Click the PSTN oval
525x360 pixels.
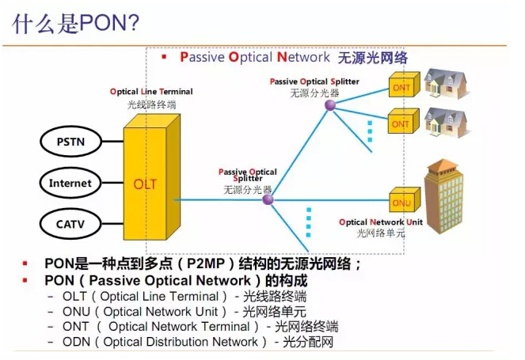pos(68,142)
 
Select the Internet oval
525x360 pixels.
pos(70,183)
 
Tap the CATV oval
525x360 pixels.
pos(70,224)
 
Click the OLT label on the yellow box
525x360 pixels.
pos(145,184)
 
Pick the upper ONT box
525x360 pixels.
pos(401,87)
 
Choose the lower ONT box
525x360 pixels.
pos(401,124)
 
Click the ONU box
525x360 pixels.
pos(401,203)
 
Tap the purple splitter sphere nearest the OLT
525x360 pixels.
pos(268,200)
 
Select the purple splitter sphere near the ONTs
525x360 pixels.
pos(330,104)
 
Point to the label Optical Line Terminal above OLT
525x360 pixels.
pos(150,92)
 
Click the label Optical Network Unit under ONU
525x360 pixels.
pos(383,222)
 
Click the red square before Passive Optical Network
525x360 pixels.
pos(163,57)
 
